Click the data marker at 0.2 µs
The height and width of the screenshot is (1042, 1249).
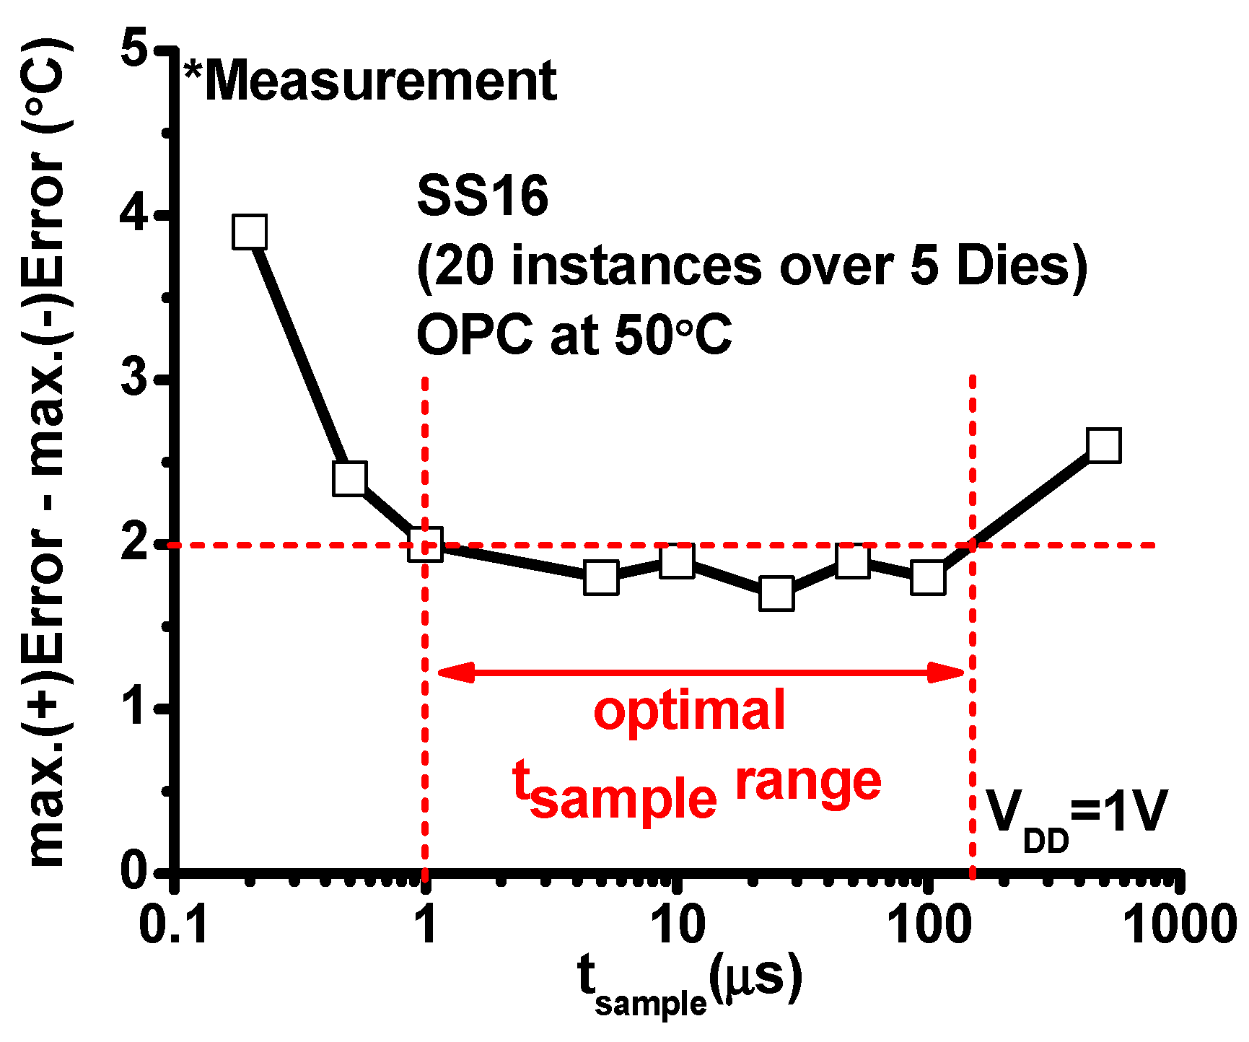(x=250, y=232)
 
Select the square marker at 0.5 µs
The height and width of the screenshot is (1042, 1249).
(x=350, y=478)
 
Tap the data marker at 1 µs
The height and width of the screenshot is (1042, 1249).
(x=425, y=544)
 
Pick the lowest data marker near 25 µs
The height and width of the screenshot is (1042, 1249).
(x=776, y=594)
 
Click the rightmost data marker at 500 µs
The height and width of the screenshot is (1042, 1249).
(x=1104, y=445)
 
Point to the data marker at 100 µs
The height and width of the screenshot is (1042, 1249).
(x=928, y=577)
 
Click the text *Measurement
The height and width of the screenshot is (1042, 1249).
(x=370, y=81)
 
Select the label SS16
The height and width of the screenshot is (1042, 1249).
(x=482, y=196)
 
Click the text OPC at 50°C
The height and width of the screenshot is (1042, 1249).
(x=574, y=335)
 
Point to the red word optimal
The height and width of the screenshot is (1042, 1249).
(x=689, y=711)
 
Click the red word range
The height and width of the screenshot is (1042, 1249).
(x=808, y=783)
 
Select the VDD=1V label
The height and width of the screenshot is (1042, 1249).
(x=1075, y=815)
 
